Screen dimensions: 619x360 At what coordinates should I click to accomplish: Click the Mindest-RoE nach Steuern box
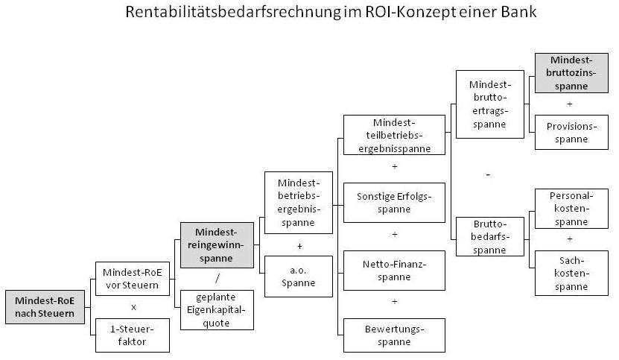pyautogui.click(x=45, y=307)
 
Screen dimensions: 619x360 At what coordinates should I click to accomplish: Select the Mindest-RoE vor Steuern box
pyautogui.click(x=133, y=279)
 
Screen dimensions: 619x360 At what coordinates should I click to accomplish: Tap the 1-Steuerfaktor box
pyautogui.click(x=133, y=335)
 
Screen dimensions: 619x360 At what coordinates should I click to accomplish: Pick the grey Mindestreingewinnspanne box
pyautogui.click(x=217, y=245)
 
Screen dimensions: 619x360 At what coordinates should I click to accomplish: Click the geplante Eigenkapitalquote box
pyautogui.click(x=217, y=310)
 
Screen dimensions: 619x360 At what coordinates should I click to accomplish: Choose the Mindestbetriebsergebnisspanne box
pyautogui.click(x=299, y=202)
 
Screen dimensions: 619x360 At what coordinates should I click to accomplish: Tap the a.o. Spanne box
pyautogui.click(x=299, y=277)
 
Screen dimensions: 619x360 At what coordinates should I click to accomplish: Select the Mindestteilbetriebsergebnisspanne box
pyautogui.click(x=394, y=135)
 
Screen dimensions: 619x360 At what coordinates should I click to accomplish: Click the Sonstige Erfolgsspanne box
pyautogui.click(x=394, y=202)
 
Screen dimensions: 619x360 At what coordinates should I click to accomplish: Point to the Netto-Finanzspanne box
pyautogui.click(x=394, y=271)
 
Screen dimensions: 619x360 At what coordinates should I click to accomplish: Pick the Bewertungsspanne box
pyautogui.click(x=394, y=335)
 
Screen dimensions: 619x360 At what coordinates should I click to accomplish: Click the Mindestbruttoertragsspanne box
pyautogui.click(x=490, y=104)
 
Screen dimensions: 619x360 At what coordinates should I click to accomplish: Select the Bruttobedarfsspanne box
pyautogui.click(x=490, y=236)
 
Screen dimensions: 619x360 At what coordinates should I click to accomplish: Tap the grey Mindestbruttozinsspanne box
pyautogui.click(x=571, y=73)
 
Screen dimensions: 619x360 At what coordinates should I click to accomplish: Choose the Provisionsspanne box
pyautogui.click(x=571, y=132)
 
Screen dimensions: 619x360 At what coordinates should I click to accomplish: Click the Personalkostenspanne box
pyautogui.click(x=571, y=208)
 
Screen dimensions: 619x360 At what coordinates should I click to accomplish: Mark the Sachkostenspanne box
pyautogui.click(x=571, y=273)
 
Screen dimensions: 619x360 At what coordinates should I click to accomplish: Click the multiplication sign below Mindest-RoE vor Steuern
pyautogui.click(x=133, y=307)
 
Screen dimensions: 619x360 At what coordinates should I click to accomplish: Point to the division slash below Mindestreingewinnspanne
pyautogui.click(x=217, y=279)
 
